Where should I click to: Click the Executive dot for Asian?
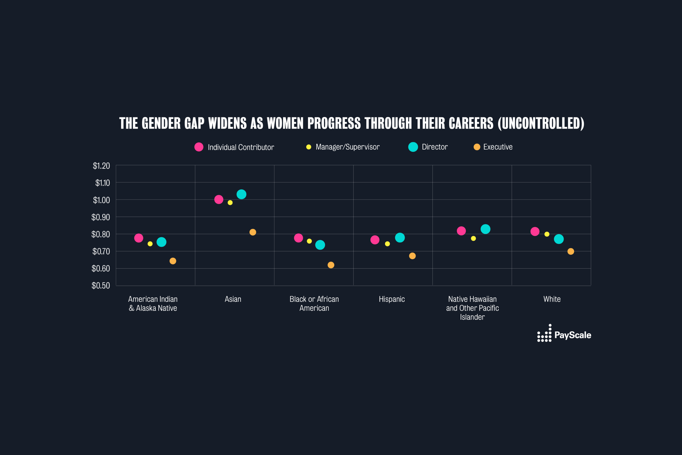253,232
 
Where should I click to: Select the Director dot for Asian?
241,194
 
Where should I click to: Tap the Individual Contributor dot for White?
535,231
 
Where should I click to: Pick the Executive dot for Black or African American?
331,265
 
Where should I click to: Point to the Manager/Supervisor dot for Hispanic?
387,244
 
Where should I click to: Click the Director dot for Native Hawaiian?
485,229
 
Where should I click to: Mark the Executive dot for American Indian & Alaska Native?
173,261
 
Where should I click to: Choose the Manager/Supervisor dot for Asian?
230,202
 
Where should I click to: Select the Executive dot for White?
571,251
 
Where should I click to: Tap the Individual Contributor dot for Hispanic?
375,240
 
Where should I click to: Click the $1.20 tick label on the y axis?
101,166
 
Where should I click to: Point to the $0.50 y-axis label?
101,286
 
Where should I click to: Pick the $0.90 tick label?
101,217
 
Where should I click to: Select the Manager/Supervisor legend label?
347,147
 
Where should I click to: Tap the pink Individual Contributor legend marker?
199,147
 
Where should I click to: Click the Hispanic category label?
392,299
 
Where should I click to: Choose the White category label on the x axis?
552,299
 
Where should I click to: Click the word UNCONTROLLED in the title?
541,123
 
